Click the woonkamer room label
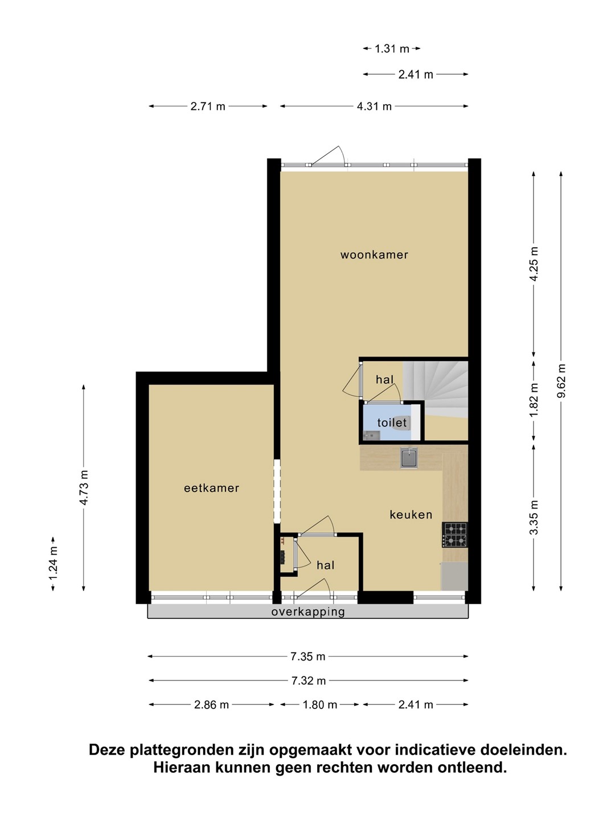pyautogui.click(x=374, y=255)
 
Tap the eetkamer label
pyautogui.click(x=211, y=488)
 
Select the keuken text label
pyautogui.click(x=411, y=515)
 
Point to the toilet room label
pyautogui.click(x=392, y=423)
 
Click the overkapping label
pyautogui.click(x=308, y=612)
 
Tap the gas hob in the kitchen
pyautogui.click(x=455, y=535)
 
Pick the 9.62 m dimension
pyautogui.click(x=561, y=381)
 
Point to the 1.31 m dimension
pyautogui.click(x=392, y=48)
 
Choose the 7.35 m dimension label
pyautogui.click(x=308, y=657)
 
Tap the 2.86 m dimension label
pyautogui.click(x=211, y=704)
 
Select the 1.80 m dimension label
pyautogui.click(x=320, y=704)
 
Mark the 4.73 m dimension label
pyautogui.click(x=84, y=488)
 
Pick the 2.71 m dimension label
pyautogui.click(x=208, y=106)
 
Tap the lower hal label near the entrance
pyautogui.click(x=325, y=565)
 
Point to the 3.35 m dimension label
pyautogui.click(x=534, y=518)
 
